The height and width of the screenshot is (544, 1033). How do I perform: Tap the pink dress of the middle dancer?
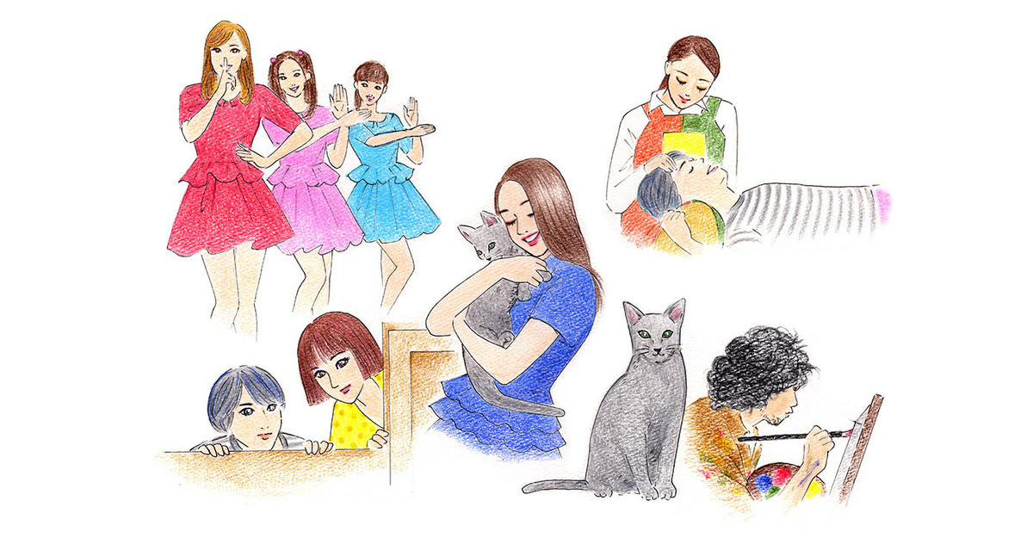point(310,207)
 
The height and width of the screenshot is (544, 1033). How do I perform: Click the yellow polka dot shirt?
point(353,422)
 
